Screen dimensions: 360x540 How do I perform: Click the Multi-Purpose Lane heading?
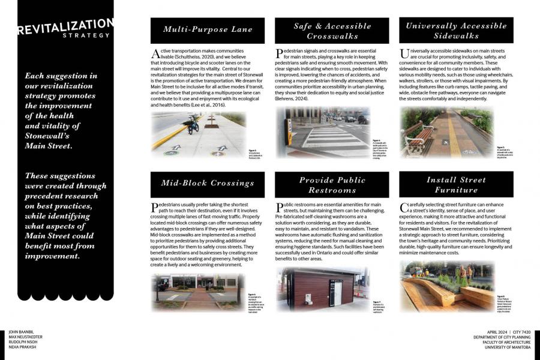(x=208, y=29)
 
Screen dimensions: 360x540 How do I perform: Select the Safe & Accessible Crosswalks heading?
(x=332, y=31)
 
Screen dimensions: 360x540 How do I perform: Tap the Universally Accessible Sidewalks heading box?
(x=456, y=31)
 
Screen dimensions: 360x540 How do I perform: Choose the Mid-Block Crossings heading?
(x=208, y=183)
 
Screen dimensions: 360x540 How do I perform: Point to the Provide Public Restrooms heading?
(x=332, y=185)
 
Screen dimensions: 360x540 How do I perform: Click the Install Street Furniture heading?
(x=456, y=184)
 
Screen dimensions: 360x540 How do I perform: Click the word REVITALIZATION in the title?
(x=64, y=28)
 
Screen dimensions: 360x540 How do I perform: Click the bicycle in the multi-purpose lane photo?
(x=193, y=124)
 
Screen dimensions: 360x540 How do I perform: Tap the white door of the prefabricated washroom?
(x=338, y=293)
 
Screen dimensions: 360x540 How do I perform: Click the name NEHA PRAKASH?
(x=22, y=347)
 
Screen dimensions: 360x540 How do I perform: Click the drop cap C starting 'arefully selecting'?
(x=403, y=208)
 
